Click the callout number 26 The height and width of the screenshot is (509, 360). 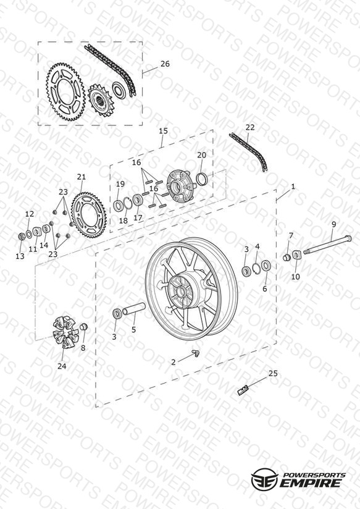165,64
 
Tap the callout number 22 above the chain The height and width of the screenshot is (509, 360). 250,127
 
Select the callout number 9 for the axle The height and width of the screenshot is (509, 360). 333,224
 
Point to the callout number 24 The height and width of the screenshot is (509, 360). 62,366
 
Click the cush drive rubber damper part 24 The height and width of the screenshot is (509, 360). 65,332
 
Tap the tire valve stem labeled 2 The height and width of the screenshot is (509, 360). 195,353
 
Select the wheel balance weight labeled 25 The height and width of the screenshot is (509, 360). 243,389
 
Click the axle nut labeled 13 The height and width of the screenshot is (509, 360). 22,237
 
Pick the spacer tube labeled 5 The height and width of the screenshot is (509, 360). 133,309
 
